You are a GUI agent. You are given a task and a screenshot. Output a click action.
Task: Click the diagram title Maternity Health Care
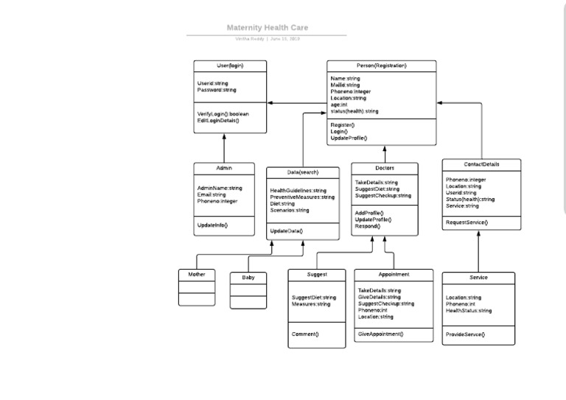267,28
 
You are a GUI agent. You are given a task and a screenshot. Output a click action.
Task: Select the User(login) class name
230,66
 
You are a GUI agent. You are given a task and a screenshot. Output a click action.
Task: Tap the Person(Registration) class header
381,66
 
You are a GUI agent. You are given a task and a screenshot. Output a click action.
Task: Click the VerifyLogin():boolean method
223,114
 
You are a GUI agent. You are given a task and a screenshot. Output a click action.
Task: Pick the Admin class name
224,169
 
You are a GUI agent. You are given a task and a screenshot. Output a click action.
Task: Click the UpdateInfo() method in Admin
212,225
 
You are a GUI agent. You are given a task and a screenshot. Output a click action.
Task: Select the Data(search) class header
303,172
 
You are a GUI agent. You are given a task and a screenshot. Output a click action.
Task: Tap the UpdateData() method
286,231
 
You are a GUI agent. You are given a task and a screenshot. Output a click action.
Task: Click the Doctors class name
384,168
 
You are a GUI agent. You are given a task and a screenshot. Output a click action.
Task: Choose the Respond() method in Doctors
368,226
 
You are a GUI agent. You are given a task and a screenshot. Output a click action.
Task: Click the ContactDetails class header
481,164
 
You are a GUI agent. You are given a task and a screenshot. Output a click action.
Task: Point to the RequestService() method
467,222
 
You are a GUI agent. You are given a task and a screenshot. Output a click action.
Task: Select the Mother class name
197,275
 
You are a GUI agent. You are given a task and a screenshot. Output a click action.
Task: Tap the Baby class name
248,278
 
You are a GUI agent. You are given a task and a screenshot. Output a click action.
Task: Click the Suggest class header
316,275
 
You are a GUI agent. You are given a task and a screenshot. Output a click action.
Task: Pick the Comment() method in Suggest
305,334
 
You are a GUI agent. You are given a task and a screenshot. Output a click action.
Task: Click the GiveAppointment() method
380,334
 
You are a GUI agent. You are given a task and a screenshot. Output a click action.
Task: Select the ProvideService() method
465,334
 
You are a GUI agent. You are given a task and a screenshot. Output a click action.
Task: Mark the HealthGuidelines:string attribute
298,191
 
